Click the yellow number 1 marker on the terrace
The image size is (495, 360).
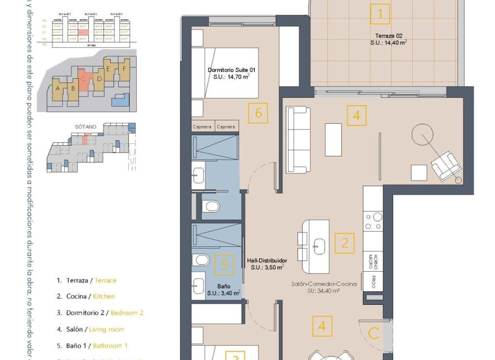(380, 13)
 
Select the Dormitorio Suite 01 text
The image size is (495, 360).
(232, 73)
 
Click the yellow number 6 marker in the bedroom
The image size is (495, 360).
(258, 113)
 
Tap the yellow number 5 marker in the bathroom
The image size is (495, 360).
(224, 264)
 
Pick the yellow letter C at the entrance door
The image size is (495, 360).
(373, 333)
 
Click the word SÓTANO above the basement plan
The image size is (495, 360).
(83, 127)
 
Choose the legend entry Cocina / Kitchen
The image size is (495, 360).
(86, 296)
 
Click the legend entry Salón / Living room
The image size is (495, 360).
(91, 329)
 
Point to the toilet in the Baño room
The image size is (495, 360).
(200, 260)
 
